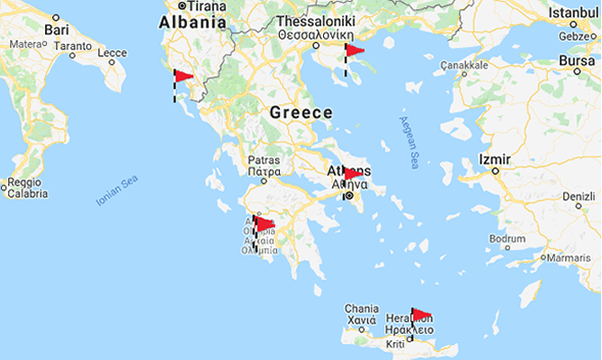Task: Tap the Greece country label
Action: (301, 113)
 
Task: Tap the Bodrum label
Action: (507, 238)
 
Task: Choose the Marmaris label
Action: (568, 257)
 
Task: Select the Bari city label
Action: (57, 30)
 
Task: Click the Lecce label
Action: (112, 53)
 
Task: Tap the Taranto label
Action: (70, 45)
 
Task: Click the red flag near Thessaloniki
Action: (355, 50)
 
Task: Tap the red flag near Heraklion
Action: (421, 314)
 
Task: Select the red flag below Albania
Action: (184, 76)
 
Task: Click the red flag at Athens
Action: (354, 173)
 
